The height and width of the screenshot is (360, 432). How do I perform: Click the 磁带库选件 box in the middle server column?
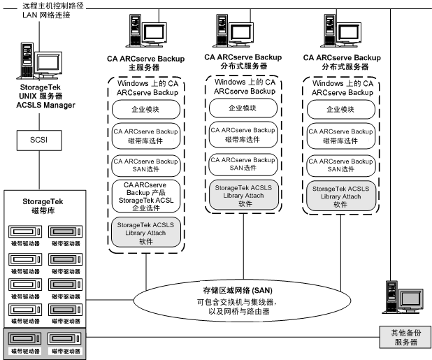[x=243, y=134]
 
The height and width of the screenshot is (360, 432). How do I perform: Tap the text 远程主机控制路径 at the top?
[x=49, y=5]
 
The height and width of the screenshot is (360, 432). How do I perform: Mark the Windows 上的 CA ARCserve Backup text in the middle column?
[x=243, y=87]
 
